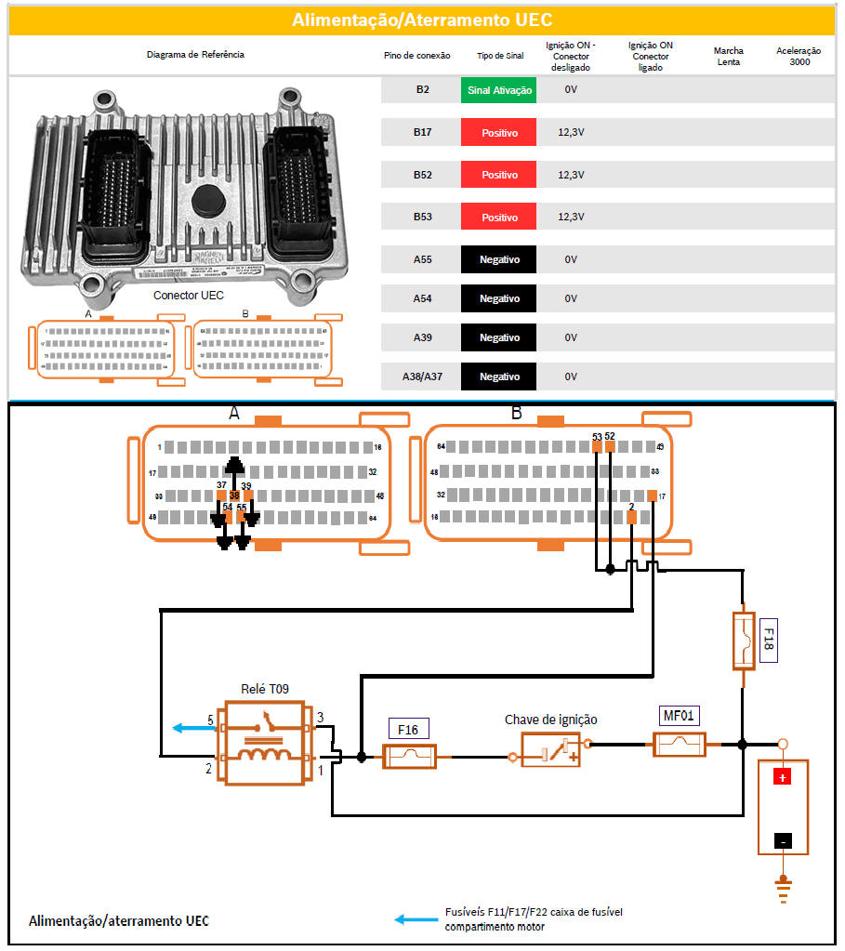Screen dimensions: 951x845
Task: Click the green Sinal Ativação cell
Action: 498,90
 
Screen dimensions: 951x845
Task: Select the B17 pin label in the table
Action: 422,133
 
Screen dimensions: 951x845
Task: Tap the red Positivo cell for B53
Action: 498,217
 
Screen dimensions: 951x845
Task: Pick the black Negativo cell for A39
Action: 498,337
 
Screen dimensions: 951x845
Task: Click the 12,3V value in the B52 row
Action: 571,175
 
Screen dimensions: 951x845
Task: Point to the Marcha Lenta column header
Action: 728,56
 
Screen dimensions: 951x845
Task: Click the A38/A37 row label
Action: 422,376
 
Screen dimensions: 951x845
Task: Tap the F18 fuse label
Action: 768,641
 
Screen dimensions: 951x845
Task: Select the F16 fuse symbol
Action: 409,758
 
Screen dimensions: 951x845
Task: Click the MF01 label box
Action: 680,716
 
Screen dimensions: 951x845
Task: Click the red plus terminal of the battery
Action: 783,777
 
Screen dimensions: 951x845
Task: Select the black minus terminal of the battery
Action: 783,841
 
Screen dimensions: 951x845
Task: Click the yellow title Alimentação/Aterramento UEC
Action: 422,20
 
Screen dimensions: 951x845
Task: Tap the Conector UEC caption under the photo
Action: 188,296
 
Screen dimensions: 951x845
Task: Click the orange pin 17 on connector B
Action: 653,495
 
